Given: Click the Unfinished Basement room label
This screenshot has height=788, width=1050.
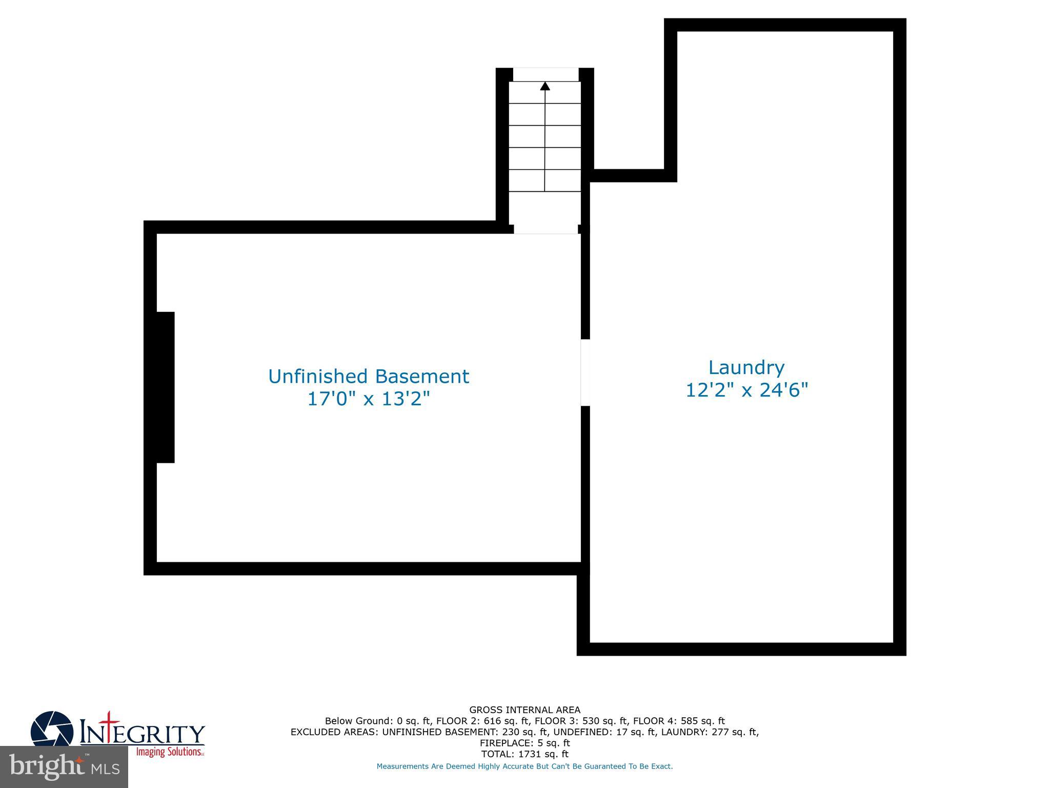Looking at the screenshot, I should pyautogui.click(x=368, y=377).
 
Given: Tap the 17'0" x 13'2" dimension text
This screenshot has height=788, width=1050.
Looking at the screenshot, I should pyautogui.click(x=368, y=399).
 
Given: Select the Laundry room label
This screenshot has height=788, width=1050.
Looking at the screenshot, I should pyautogui.click(x=746, y=368).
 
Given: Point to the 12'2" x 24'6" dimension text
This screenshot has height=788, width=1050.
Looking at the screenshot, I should pyautogui.click(x=746, y=390).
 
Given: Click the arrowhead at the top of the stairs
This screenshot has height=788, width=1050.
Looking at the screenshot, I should pyautogui.click(x=545, y=86).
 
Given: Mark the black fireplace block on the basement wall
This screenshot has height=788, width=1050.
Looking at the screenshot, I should pyautogui.click(x=165, y=387).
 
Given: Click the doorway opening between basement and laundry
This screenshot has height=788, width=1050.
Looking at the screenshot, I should pyautogui.click(x=585, y=372).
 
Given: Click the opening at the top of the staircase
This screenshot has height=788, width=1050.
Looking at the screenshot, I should pyautogui.click(x=546, y=74).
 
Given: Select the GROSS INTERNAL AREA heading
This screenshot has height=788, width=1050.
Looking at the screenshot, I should pyautogui.click(x=524, y=710).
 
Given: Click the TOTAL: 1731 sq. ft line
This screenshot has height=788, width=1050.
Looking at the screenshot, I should pyautogui.click(x=524, y=754).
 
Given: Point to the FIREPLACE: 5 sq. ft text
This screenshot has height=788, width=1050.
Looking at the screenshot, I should pyautogui.click(x=524, y=743).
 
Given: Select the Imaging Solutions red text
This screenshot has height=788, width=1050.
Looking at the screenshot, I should pyautogui.click(x=169, y=752).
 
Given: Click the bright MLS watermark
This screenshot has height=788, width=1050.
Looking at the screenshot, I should pyautogui.click(x=64, y=767).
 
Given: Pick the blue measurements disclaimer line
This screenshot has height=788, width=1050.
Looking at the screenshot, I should pyautogui.click(x=524, y=766).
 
